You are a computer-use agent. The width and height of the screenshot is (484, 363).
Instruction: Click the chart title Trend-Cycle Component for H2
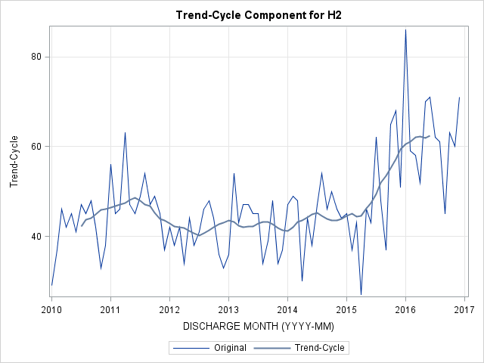pyautogui.click(x=259, y=15)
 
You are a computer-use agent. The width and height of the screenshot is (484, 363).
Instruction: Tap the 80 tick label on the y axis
pyautogui.click(x=36, y=57)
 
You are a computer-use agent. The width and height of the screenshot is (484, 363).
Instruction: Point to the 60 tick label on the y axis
pyautogui.click(x=36, y=146)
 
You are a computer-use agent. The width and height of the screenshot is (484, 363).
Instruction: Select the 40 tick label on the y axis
pyautogui.click(x=36, y=236)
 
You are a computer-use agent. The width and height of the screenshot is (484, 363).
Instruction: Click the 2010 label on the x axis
pyautogui.click(x=51, y=309)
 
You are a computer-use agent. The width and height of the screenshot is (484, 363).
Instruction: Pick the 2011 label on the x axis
pyautogui.click(x=110, y=309)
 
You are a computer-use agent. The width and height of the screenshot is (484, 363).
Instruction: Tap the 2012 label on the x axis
pyautogui.click(x=169, y=309)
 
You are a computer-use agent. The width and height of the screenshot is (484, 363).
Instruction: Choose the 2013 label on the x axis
pyautogui.click(x=228, y=309)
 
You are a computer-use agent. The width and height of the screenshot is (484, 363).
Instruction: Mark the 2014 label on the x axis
pyautogui.click(x=287, y=309)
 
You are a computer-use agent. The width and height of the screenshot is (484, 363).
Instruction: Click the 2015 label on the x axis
pyautogui.click(x=346, y=309)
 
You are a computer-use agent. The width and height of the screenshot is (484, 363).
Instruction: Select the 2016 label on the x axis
pyautogui.click(x=405, y=309)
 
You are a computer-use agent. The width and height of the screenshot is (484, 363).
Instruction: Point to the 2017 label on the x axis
pyautogui.click(x=464, y=309)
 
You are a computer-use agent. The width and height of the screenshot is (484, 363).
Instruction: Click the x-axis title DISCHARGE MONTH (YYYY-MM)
pyautogui.click(x=259, y=326)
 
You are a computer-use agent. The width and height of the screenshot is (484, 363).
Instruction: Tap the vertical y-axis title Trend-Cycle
pyautogui.click(x=14, y=161)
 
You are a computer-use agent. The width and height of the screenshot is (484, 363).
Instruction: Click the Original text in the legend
pyautogui.click(x=230, y=348)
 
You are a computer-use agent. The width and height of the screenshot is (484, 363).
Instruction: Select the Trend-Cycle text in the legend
pyautogui.click(x=319, y=348)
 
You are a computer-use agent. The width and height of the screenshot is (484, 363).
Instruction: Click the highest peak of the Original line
pyautogui.click(x=405, y=29)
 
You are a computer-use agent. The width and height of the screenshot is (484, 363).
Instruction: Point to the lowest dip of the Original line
pyautogui.click(x=361, y=294)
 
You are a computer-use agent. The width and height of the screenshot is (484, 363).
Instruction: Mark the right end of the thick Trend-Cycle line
pyautogui.click(x=430, y=136)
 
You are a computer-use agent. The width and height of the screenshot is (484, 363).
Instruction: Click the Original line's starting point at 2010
pyautogui.click(x=51, y=286)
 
